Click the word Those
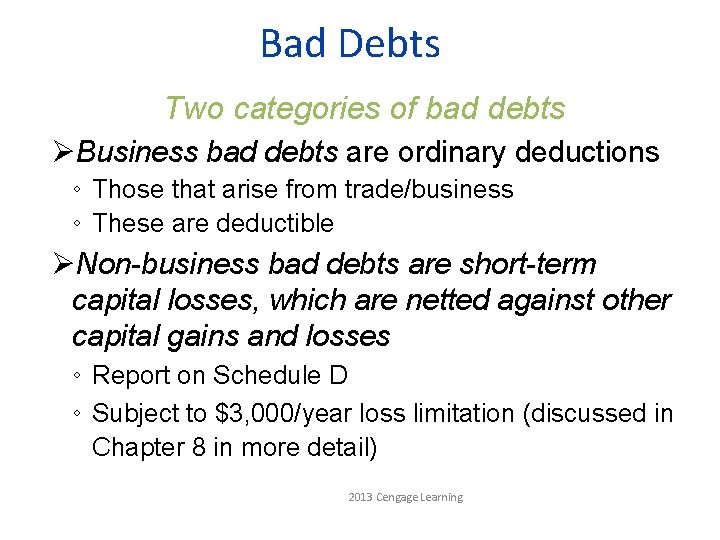[x=125, y=189]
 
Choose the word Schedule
[x=267, y=376]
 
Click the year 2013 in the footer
[x=360, y=497]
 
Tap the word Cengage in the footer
[x=398, y=497]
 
